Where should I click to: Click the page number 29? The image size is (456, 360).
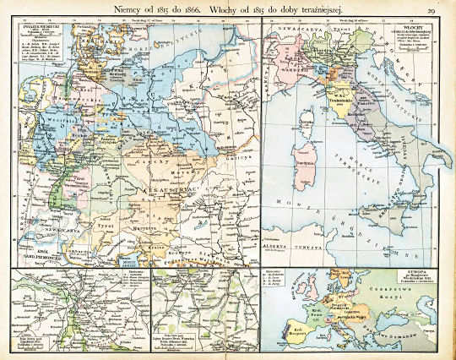431,9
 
